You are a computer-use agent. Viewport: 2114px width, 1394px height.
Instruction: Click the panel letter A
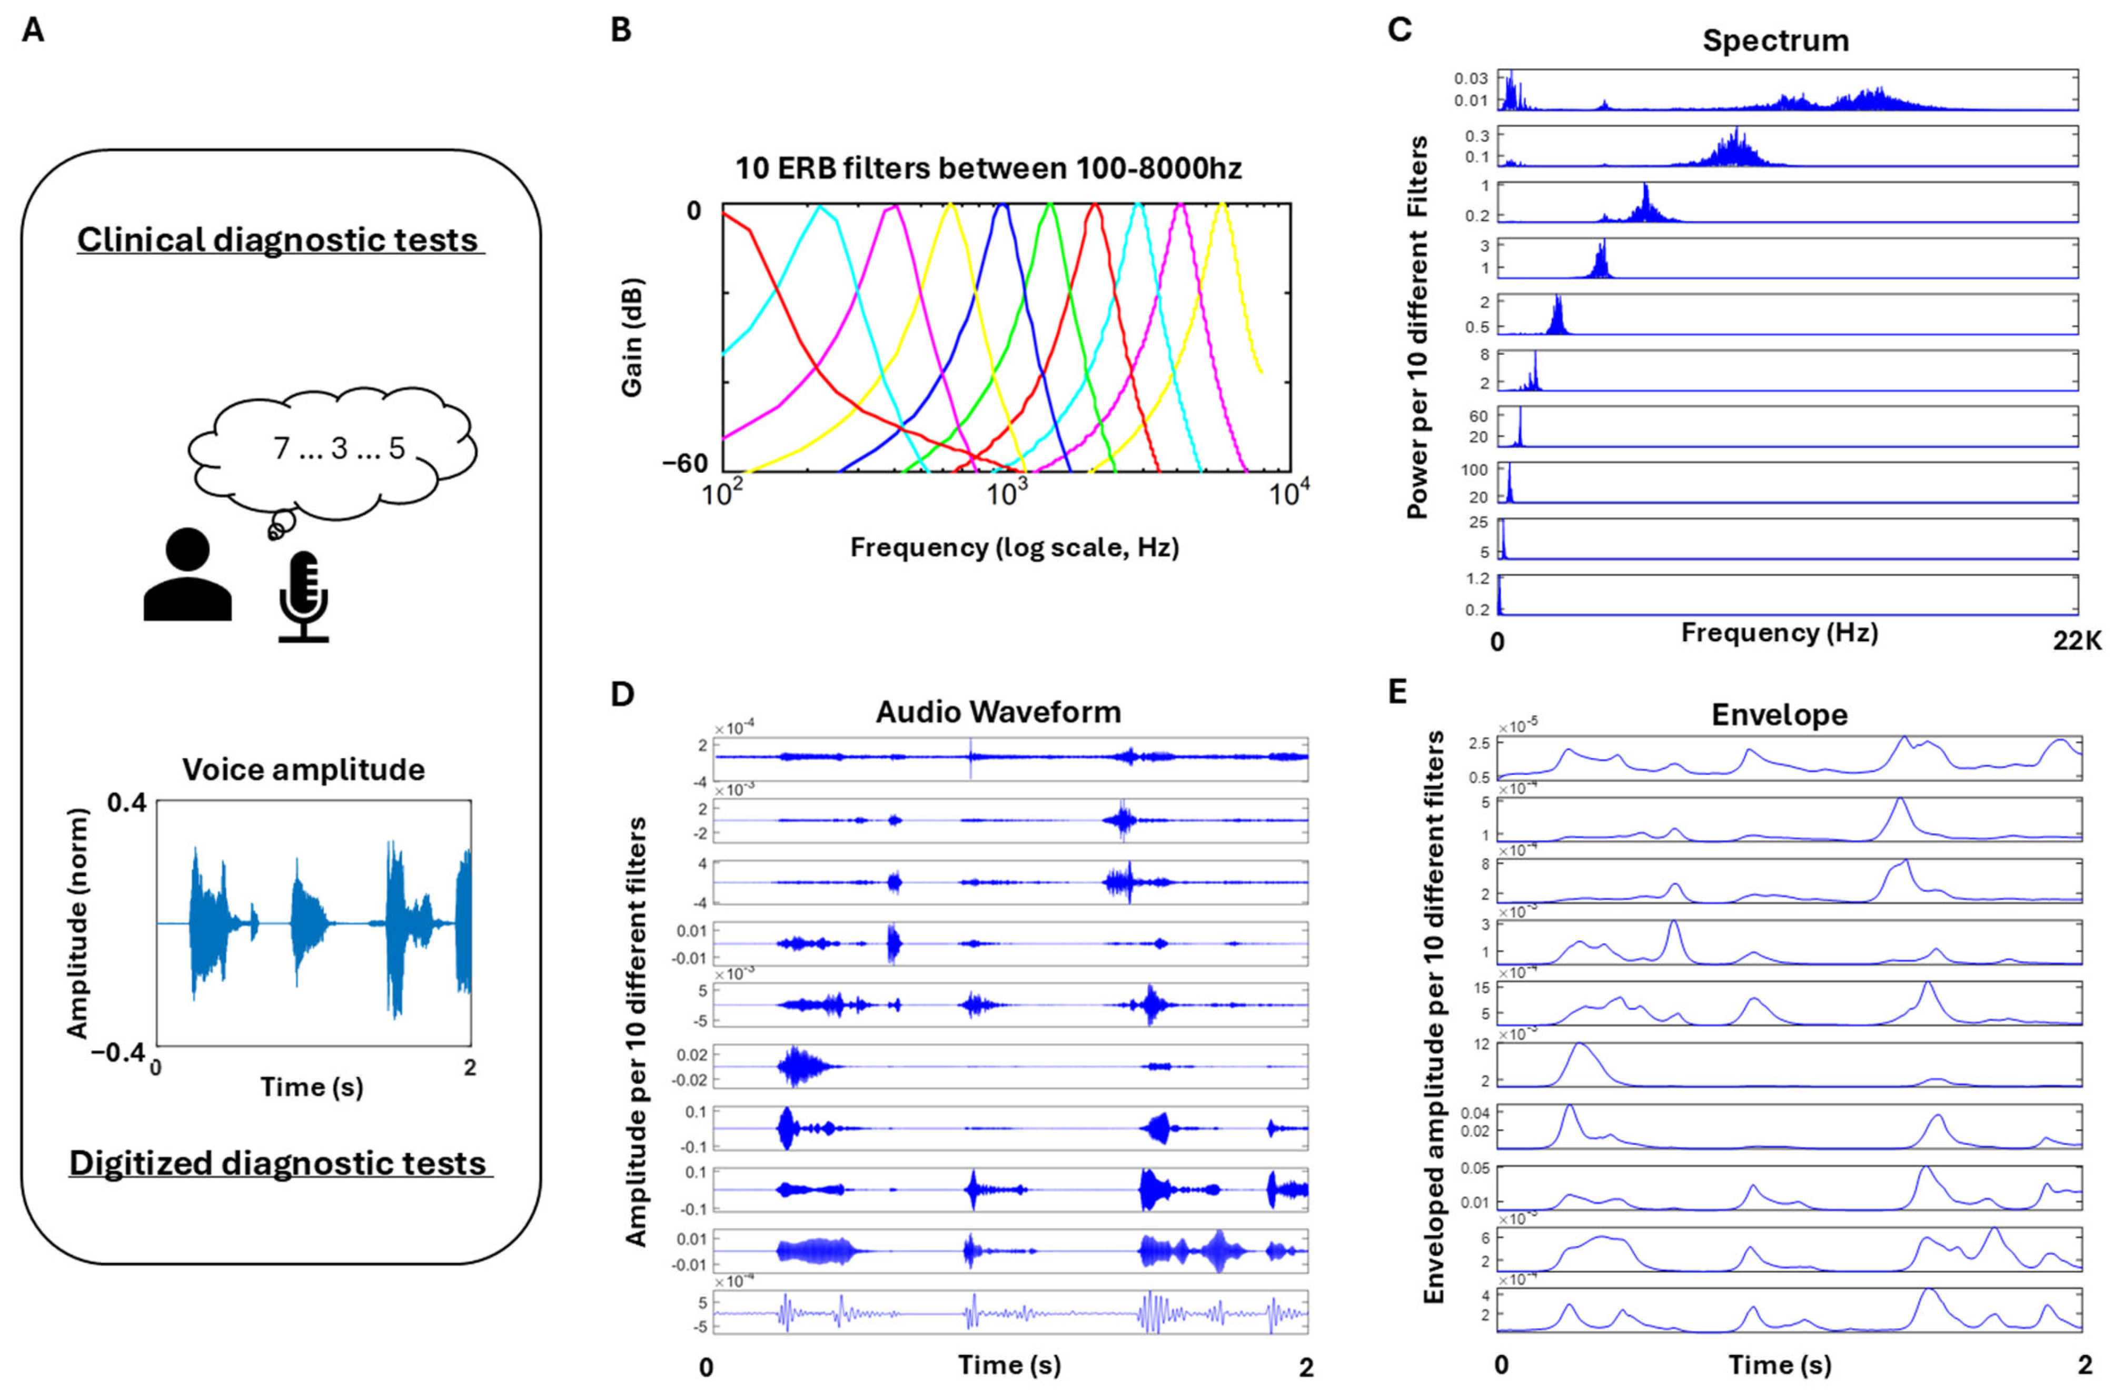click(x=33, y=31)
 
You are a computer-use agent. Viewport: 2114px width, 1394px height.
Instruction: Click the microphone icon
click(x=303, y=595)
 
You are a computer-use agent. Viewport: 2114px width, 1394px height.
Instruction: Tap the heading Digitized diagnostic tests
click(x=278, y=1164)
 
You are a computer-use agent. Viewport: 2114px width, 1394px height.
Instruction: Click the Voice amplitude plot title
click(x=304, y=769)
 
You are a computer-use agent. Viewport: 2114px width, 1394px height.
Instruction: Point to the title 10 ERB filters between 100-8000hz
click(x=988, y=168)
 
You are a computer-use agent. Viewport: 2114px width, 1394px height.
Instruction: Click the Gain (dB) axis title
click(x=631, y=338)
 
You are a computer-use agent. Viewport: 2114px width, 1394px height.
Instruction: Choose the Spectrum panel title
click(x=1775, y=41)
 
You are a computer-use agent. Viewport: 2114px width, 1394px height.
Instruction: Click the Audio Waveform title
click(x=998, y=712)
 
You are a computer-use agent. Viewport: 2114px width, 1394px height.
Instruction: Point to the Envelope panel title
click(x=1779, y=715)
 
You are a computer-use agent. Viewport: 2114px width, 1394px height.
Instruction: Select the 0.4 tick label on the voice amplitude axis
click(x=126, y=803)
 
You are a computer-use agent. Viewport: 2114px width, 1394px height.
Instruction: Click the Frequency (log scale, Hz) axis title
click(x=1014, y=547)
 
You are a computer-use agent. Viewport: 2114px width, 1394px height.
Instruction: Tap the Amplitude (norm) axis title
click(x=78, y=923)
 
